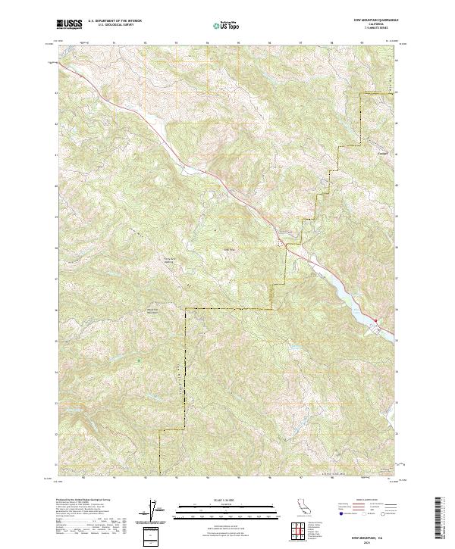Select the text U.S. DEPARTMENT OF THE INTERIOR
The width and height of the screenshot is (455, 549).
click(x=114, y=21)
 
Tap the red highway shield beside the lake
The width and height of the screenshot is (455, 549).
click(x=374, y=320)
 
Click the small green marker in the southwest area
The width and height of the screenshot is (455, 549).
click(x=139, y=360)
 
